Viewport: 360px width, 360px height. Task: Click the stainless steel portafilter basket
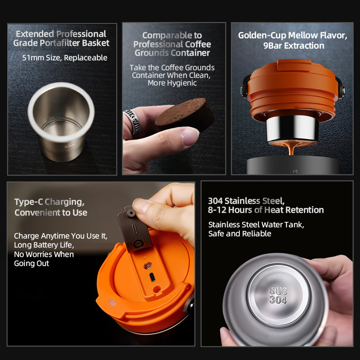tap(61, 121)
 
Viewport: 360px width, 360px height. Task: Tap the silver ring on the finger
tap(132, 121)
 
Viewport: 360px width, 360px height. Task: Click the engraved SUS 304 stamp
tap(278, 296)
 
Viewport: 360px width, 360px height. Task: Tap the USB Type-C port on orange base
tap(152, 277)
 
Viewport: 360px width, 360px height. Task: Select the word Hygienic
tap(172, 83)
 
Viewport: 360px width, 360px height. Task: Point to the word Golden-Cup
tap(262, 36)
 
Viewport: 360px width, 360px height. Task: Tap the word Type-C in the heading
tap(29, 202)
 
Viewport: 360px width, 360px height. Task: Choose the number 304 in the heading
tap(216, 201)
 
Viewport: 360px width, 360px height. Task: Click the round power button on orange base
tap(148, 265)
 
